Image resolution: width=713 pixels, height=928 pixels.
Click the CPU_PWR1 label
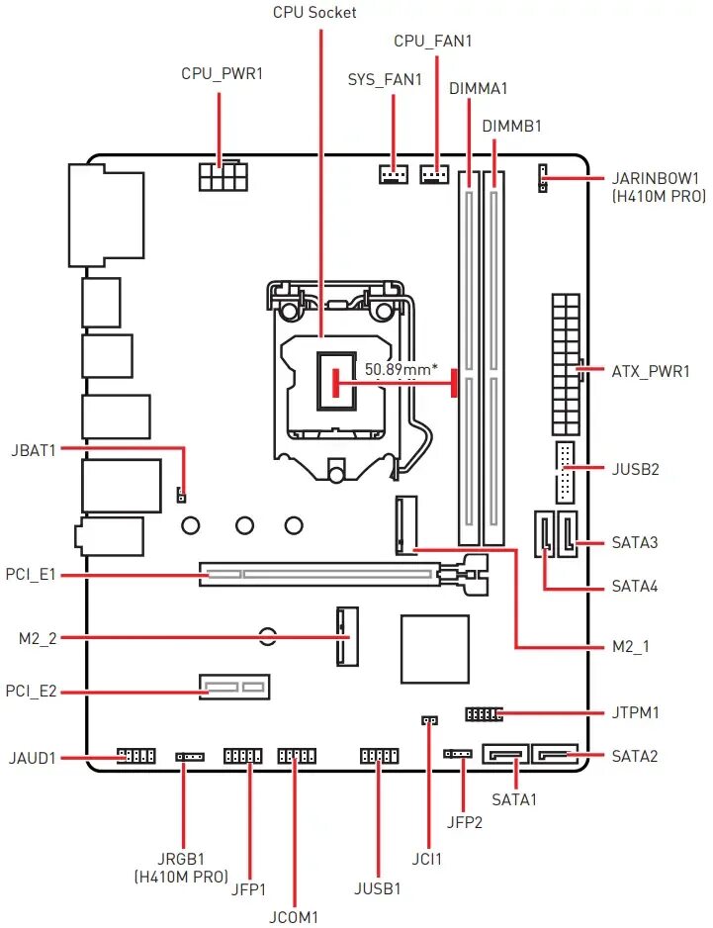(222, 74)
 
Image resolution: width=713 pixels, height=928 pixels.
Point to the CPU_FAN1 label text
(433, 42)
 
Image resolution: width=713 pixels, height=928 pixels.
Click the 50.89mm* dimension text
(401, 369)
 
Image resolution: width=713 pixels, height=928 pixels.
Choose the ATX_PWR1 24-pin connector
(565, 364)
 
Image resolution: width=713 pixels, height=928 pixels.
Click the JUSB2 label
(635, 469)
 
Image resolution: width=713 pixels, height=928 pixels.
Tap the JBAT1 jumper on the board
(182, 493)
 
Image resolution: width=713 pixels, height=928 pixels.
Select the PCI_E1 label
(31, 574)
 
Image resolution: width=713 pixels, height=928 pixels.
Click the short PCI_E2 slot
(235, 686)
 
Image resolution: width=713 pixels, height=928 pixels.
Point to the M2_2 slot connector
(346, 635)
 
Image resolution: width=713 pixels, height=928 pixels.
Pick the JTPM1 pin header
(483, 713)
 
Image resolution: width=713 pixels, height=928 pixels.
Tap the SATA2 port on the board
(554, 756)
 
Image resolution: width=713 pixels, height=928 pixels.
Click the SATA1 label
(514, 799)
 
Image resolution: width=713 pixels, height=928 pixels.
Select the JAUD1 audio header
(136, 757)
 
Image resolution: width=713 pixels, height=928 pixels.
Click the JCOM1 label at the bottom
(294, 917)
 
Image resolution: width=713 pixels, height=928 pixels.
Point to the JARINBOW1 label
(655, 179)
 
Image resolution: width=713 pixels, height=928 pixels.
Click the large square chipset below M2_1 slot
(435, 648)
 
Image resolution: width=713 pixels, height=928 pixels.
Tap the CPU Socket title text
(314, 13)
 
